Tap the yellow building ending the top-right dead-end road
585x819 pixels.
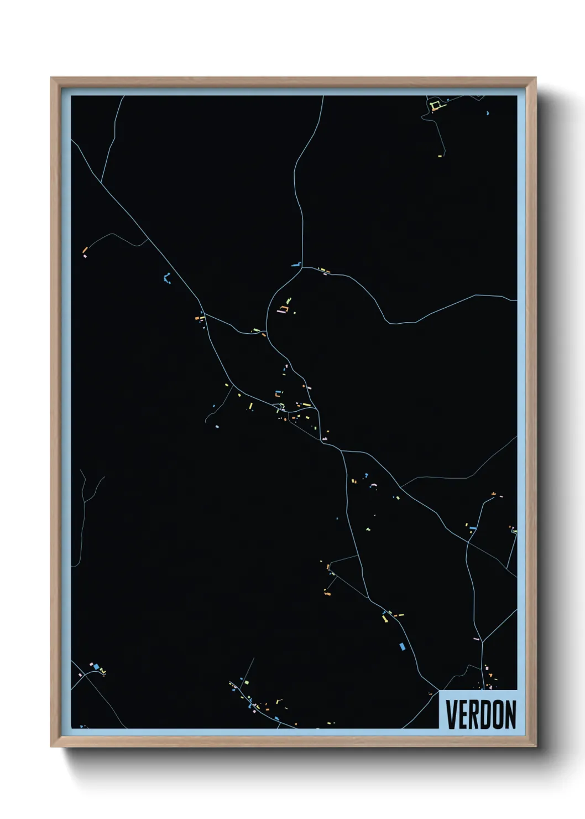[x=440, y=156]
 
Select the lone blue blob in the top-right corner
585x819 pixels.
[x=487, y=113]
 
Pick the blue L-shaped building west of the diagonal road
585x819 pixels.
[x=167, y=278]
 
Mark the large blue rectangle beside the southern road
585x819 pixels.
[x=402, y=646]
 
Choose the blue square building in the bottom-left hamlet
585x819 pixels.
[x=96, y=667]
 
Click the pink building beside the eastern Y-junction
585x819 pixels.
[x=476, y=639]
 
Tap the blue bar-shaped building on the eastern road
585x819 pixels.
[x=473, y=528]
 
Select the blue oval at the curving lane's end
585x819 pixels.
[x=217, y=427]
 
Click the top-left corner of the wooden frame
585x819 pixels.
[x=51, y=78]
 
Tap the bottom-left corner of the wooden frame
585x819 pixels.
[x=51, y=746]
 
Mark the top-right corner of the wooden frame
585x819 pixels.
[x=535, y=78]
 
